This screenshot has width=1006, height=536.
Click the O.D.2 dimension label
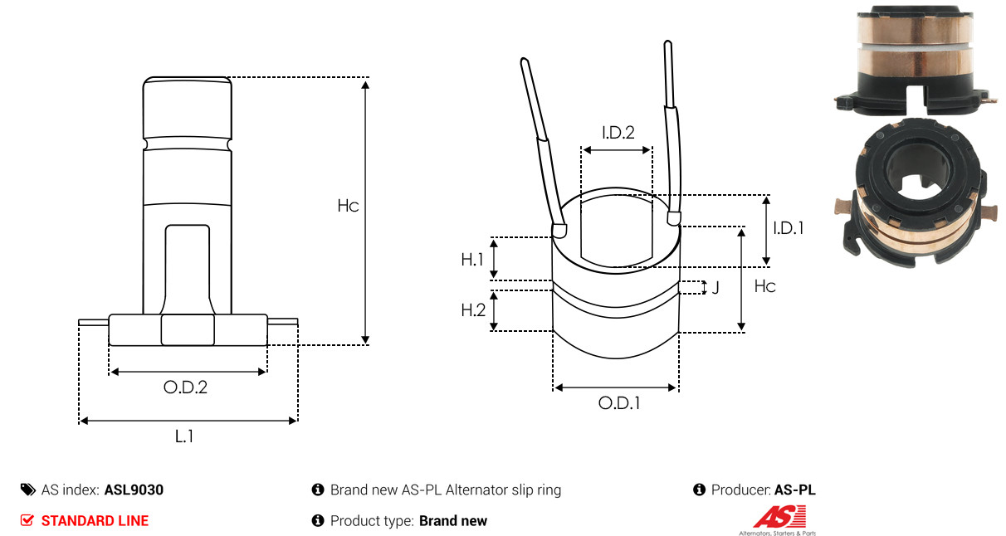click(185, 387)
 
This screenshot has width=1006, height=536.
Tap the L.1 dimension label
click(184, 436)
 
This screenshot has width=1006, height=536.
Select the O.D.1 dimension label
click(619, 403)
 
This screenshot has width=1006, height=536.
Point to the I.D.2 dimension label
click(618, 133)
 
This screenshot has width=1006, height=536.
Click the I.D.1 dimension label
click(789, 228)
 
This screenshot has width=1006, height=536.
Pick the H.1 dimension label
click(472, 260)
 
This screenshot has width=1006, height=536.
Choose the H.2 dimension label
click(473, 310)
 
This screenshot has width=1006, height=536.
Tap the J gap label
click(715, 287)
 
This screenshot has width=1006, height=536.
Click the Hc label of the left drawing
click(348, 206)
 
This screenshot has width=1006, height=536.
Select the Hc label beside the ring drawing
click(764, 286)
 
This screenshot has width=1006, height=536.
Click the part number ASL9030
click(134, 490)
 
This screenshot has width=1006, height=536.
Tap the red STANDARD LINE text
click(95, 521)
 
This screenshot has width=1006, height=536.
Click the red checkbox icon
click(27, 520)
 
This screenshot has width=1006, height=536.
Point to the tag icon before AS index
click(28, 490)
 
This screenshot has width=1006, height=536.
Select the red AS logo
click(779, 516)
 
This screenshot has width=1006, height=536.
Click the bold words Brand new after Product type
click(453, 521)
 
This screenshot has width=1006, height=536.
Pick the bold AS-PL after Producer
click(795, 490)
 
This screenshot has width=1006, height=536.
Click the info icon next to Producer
click(699, 490)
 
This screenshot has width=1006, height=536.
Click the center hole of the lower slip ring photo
click(916, 173)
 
